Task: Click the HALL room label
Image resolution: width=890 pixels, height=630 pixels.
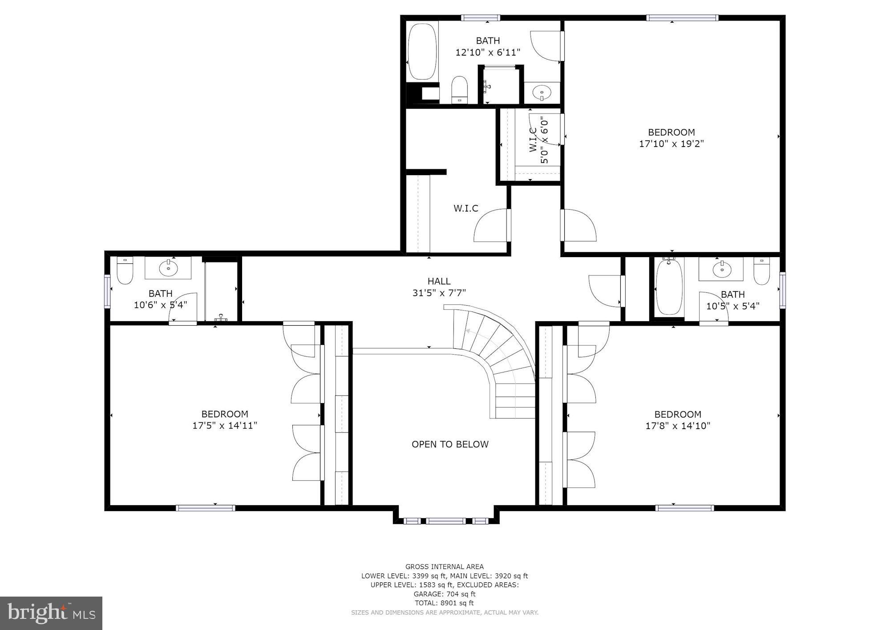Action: point(439,281)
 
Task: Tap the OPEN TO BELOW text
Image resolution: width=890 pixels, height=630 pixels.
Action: point(450,444)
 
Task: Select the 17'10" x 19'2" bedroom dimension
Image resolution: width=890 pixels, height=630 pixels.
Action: point(671,144)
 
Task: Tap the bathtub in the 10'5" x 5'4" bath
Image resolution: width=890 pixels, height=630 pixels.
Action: point(669,287)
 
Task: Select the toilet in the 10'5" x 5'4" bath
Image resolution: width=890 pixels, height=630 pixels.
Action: point(761,271)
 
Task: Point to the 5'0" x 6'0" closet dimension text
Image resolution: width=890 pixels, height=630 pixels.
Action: point(544,140)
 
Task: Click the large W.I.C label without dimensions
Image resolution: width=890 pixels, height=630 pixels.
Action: point(466,208)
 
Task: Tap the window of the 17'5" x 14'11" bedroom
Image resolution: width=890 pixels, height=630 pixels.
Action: point(206,507)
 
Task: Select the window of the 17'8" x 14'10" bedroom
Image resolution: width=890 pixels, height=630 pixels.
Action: point(684,507)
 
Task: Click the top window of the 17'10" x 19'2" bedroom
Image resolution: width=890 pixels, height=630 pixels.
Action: point(682,18)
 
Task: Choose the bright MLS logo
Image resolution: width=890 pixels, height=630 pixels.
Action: point(51,614)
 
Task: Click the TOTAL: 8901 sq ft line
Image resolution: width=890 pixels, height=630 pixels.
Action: point(444,603)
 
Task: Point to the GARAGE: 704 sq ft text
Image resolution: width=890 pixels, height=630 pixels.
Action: point(444,594)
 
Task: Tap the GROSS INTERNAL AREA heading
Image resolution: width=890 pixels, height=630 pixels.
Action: point(444,567)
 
